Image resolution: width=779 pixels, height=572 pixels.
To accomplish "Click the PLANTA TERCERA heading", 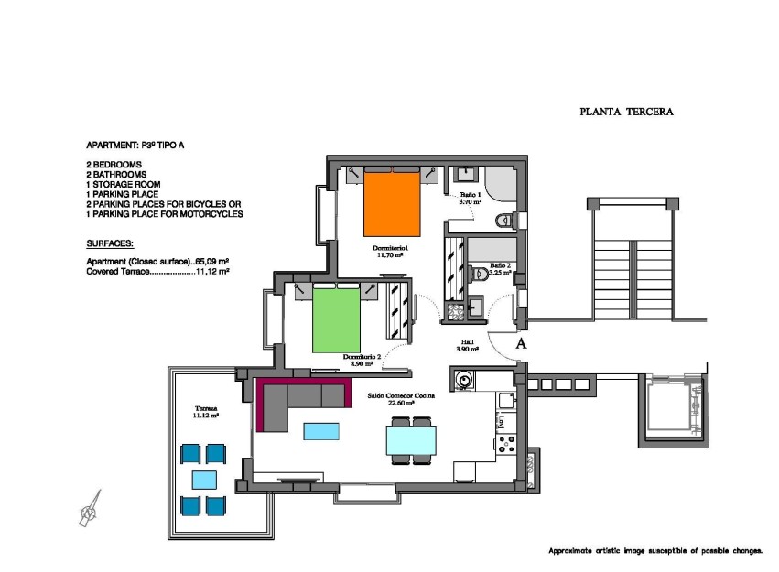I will (626, 113).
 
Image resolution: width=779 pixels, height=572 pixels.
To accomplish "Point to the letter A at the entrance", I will (521, 344).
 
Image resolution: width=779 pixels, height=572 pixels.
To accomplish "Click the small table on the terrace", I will (204, 479).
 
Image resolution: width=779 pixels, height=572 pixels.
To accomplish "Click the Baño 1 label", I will (470, 199).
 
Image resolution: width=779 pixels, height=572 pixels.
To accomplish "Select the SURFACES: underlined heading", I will (110, 244).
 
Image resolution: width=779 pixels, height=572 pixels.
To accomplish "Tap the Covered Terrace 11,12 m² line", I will (157, 272).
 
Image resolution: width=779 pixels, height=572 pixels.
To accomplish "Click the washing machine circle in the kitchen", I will (464, 379).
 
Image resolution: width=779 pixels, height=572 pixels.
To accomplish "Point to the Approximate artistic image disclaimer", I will (655, 551).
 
